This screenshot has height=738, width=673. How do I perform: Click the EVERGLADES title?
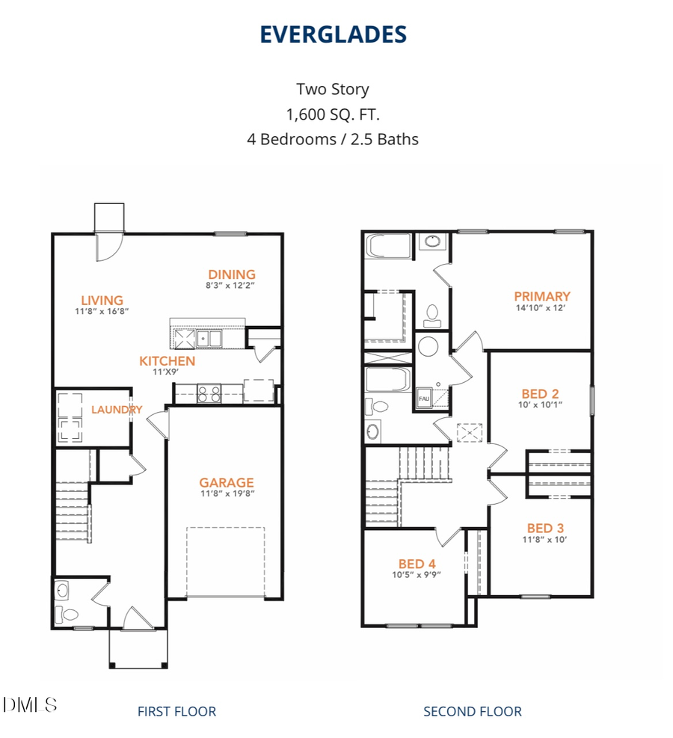[333, 34]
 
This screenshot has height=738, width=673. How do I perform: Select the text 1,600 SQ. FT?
[333, 114]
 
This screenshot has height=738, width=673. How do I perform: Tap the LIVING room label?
[102, 301]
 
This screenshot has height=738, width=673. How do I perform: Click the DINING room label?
[232, 274]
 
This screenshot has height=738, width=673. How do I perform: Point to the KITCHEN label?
[167, 361]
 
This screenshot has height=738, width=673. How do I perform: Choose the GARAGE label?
[226, 482]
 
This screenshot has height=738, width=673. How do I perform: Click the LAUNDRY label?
[116, 410]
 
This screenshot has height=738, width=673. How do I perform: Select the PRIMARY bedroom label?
[542, 296]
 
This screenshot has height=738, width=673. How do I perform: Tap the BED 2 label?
[540, 393]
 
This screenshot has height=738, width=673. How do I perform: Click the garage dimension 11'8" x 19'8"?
[226, 493]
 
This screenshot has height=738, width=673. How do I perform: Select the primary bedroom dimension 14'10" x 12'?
[542, 307]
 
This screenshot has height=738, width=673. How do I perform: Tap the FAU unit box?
[424, 399]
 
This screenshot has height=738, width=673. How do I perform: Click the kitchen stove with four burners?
[209, 393]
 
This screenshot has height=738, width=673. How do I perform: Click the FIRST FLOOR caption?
[176, 711]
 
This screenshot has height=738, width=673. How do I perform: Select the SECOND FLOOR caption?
[473, 711]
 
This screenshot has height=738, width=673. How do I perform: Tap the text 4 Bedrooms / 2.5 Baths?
[333, 138]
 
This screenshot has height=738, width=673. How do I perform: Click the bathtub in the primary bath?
[387, 246]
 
